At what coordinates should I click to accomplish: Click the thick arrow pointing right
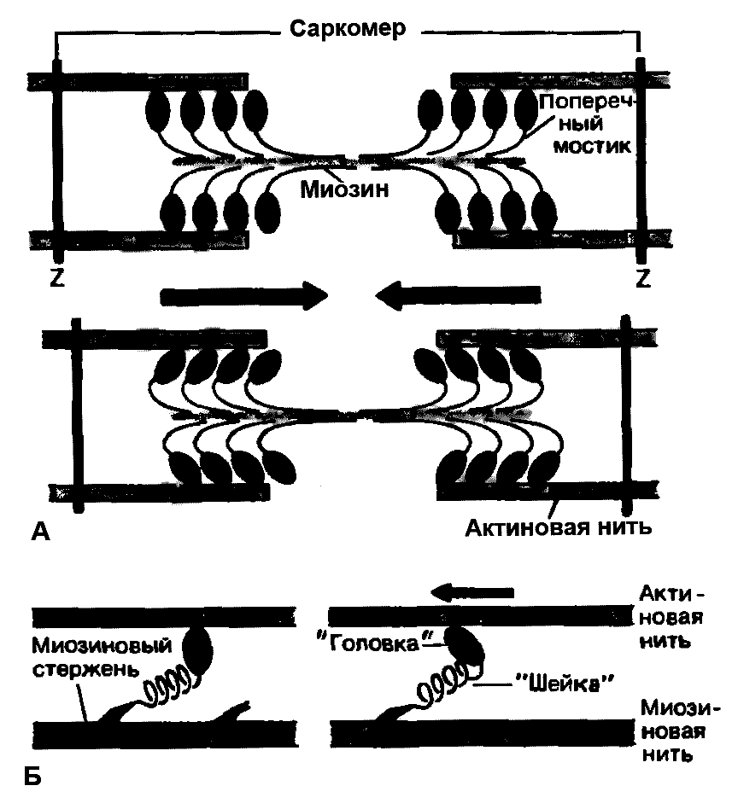tap(244, 295)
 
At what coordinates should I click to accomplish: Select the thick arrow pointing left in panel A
tap(456, 295)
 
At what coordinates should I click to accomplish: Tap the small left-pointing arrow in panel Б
tap(471, 591)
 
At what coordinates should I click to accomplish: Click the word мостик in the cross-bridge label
tap(589, 145)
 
